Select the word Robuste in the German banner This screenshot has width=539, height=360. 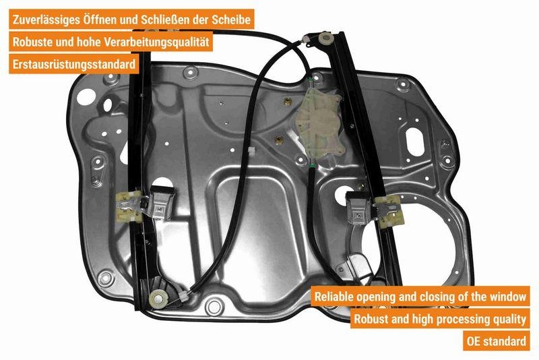(34, 42)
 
